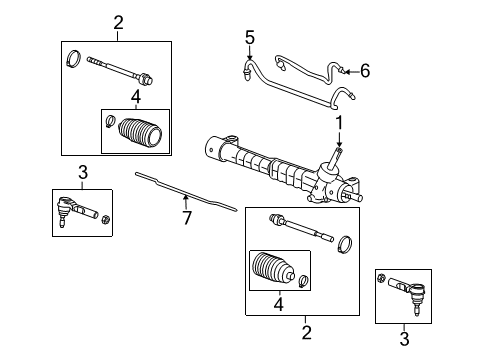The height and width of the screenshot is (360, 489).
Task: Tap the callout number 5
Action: click(x=250, y=37)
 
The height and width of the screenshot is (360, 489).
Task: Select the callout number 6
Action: click(x=365, y=70)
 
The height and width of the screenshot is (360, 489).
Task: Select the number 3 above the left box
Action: click(x=83, y=172)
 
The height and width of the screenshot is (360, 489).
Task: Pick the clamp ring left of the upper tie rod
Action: click(x=74, y=60)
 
